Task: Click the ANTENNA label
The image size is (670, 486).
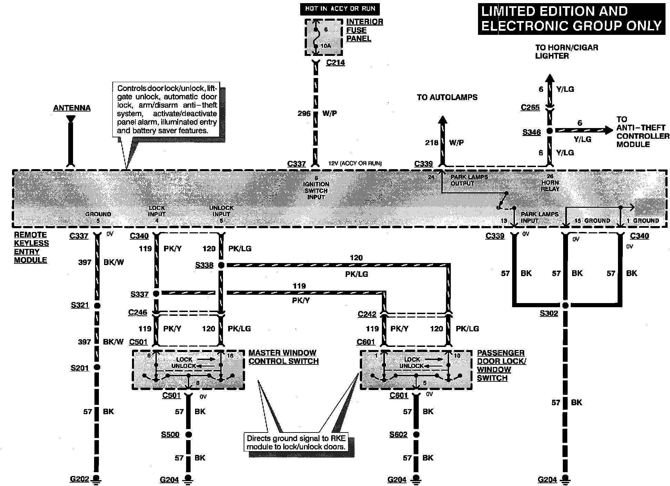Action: tap(72, 108)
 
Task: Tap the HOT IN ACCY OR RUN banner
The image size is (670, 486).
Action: tap(340, 9)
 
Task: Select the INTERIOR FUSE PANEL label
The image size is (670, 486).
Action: tap(364, 30)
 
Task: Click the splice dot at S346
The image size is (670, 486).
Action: tap(550, 131)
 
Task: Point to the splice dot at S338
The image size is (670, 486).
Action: tap(221, 265)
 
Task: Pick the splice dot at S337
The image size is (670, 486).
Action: tap(156, 293)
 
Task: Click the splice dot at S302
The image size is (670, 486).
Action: tap(565, 305)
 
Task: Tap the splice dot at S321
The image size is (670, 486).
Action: tap(97, 305)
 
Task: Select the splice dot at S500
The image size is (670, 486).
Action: tap(188, 434)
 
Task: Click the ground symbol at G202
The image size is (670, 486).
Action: tap(97, 479)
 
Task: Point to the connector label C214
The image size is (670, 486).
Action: tap(335, 63)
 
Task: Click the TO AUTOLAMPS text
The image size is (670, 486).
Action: tap(447, 97)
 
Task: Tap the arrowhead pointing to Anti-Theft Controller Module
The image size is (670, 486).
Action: tap(608, 130)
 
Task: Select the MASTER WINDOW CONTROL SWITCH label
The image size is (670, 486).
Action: tap(283, 357)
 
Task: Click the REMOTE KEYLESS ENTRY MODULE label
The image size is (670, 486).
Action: tap(31, 247)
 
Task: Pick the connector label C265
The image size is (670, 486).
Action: tap(530, 107)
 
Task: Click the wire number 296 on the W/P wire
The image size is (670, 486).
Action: tap(304, 114)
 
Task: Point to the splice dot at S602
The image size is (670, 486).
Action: tap(416, 434)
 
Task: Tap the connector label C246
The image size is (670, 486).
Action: tap(138, 312)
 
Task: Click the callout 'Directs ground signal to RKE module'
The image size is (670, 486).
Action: tap(296, 443)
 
